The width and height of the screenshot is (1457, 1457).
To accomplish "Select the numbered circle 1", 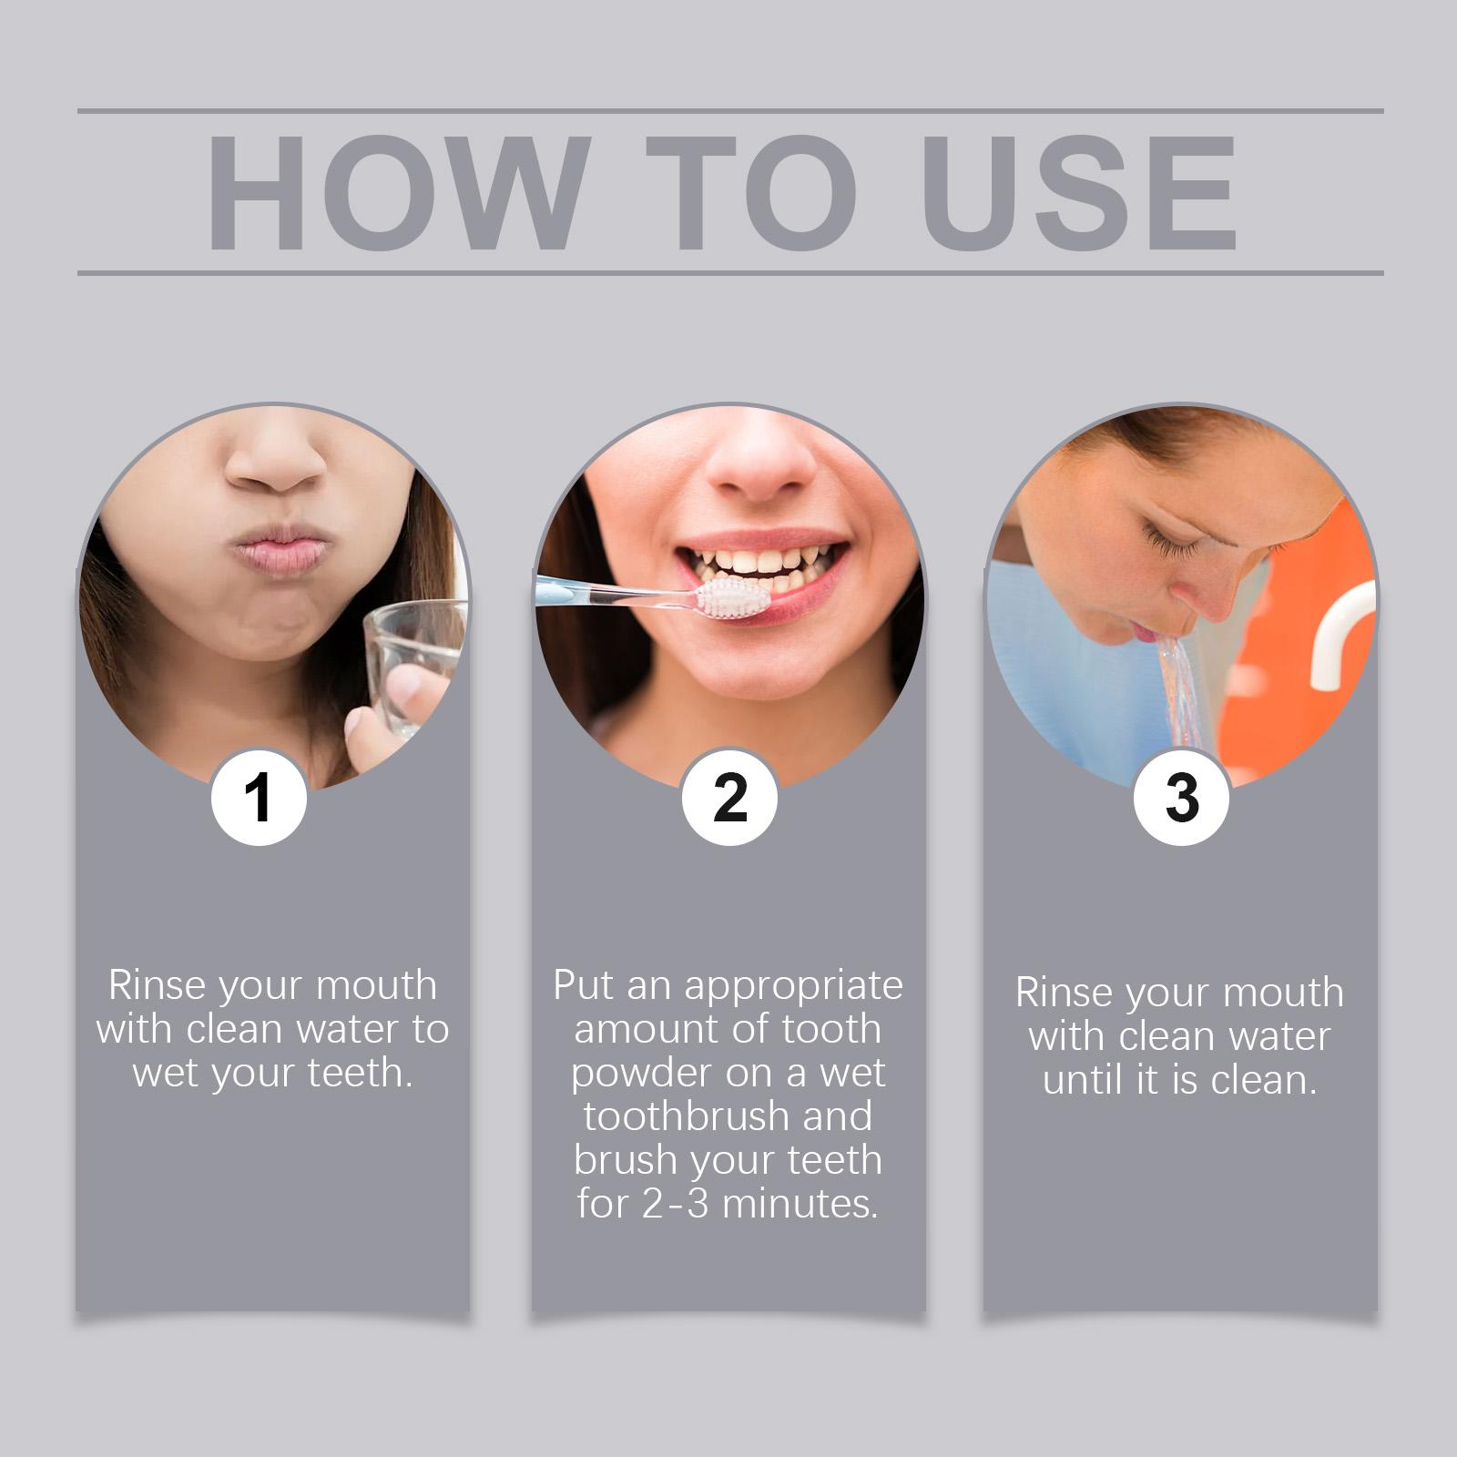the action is pyautogui.click(x=259, y=798).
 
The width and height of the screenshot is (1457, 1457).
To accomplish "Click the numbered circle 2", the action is pyautogui.click(x=729, y=798).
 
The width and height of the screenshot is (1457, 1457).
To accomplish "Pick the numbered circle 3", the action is pyautogui.click(x=1181, y=798).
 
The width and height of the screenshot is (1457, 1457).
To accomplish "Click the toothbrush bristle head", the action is pyautogui.click(x=734, y=598).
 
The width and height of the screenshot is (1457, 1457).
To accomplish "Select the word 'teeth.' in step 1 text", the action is pyautogui.click(x=361, y=1073).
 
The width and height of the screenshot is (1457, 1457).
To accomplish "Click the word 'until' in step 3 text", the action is pyautogui.click(x=1081, y=1080).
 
